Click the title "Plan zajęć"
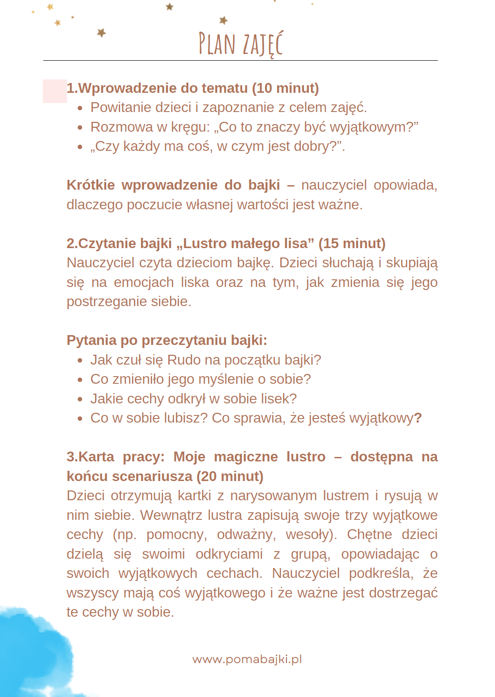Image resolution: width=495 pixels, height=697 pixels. (241, 44)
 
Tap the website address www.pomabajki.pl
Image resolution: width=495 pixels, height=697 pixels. (247, 659)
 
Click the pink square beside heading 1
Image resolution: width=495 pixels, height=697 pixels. (54, 91)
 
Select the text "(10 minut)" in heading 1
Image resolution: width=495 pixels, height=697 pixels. (285, 88)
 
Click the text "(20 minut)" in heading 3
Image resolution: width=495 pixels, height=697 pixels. (230, 476)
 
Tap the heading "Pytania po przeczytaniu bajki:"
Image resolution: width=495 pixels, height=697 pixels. (167, 340)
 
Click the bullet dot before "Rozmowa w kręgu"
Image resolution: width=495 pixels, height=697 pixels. (80, 127)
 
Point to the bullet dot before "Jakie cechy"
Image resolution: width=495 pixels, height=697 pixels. (80, 399)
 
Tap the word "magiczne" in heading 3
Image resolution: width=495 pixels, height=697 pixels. (245, 456)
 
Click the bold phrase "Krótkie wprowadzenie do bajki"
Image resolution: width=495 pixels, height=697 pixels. (173, 185)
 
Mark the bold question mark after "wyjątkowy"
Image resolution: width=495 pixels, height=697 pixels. (418, 418)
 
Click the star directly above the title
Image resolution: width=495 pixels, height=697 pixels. (224, 20)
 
